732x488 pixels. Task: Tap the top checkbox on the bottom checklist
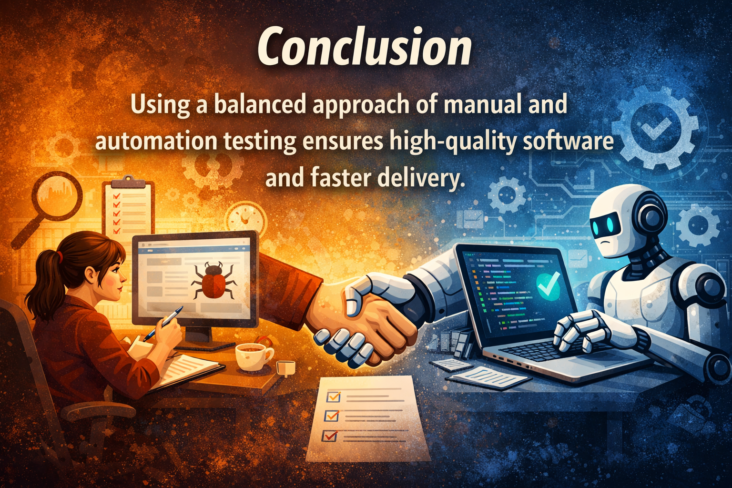pos(332,396)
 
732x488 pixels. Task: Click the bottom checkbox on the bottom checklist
pos(329,435)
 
